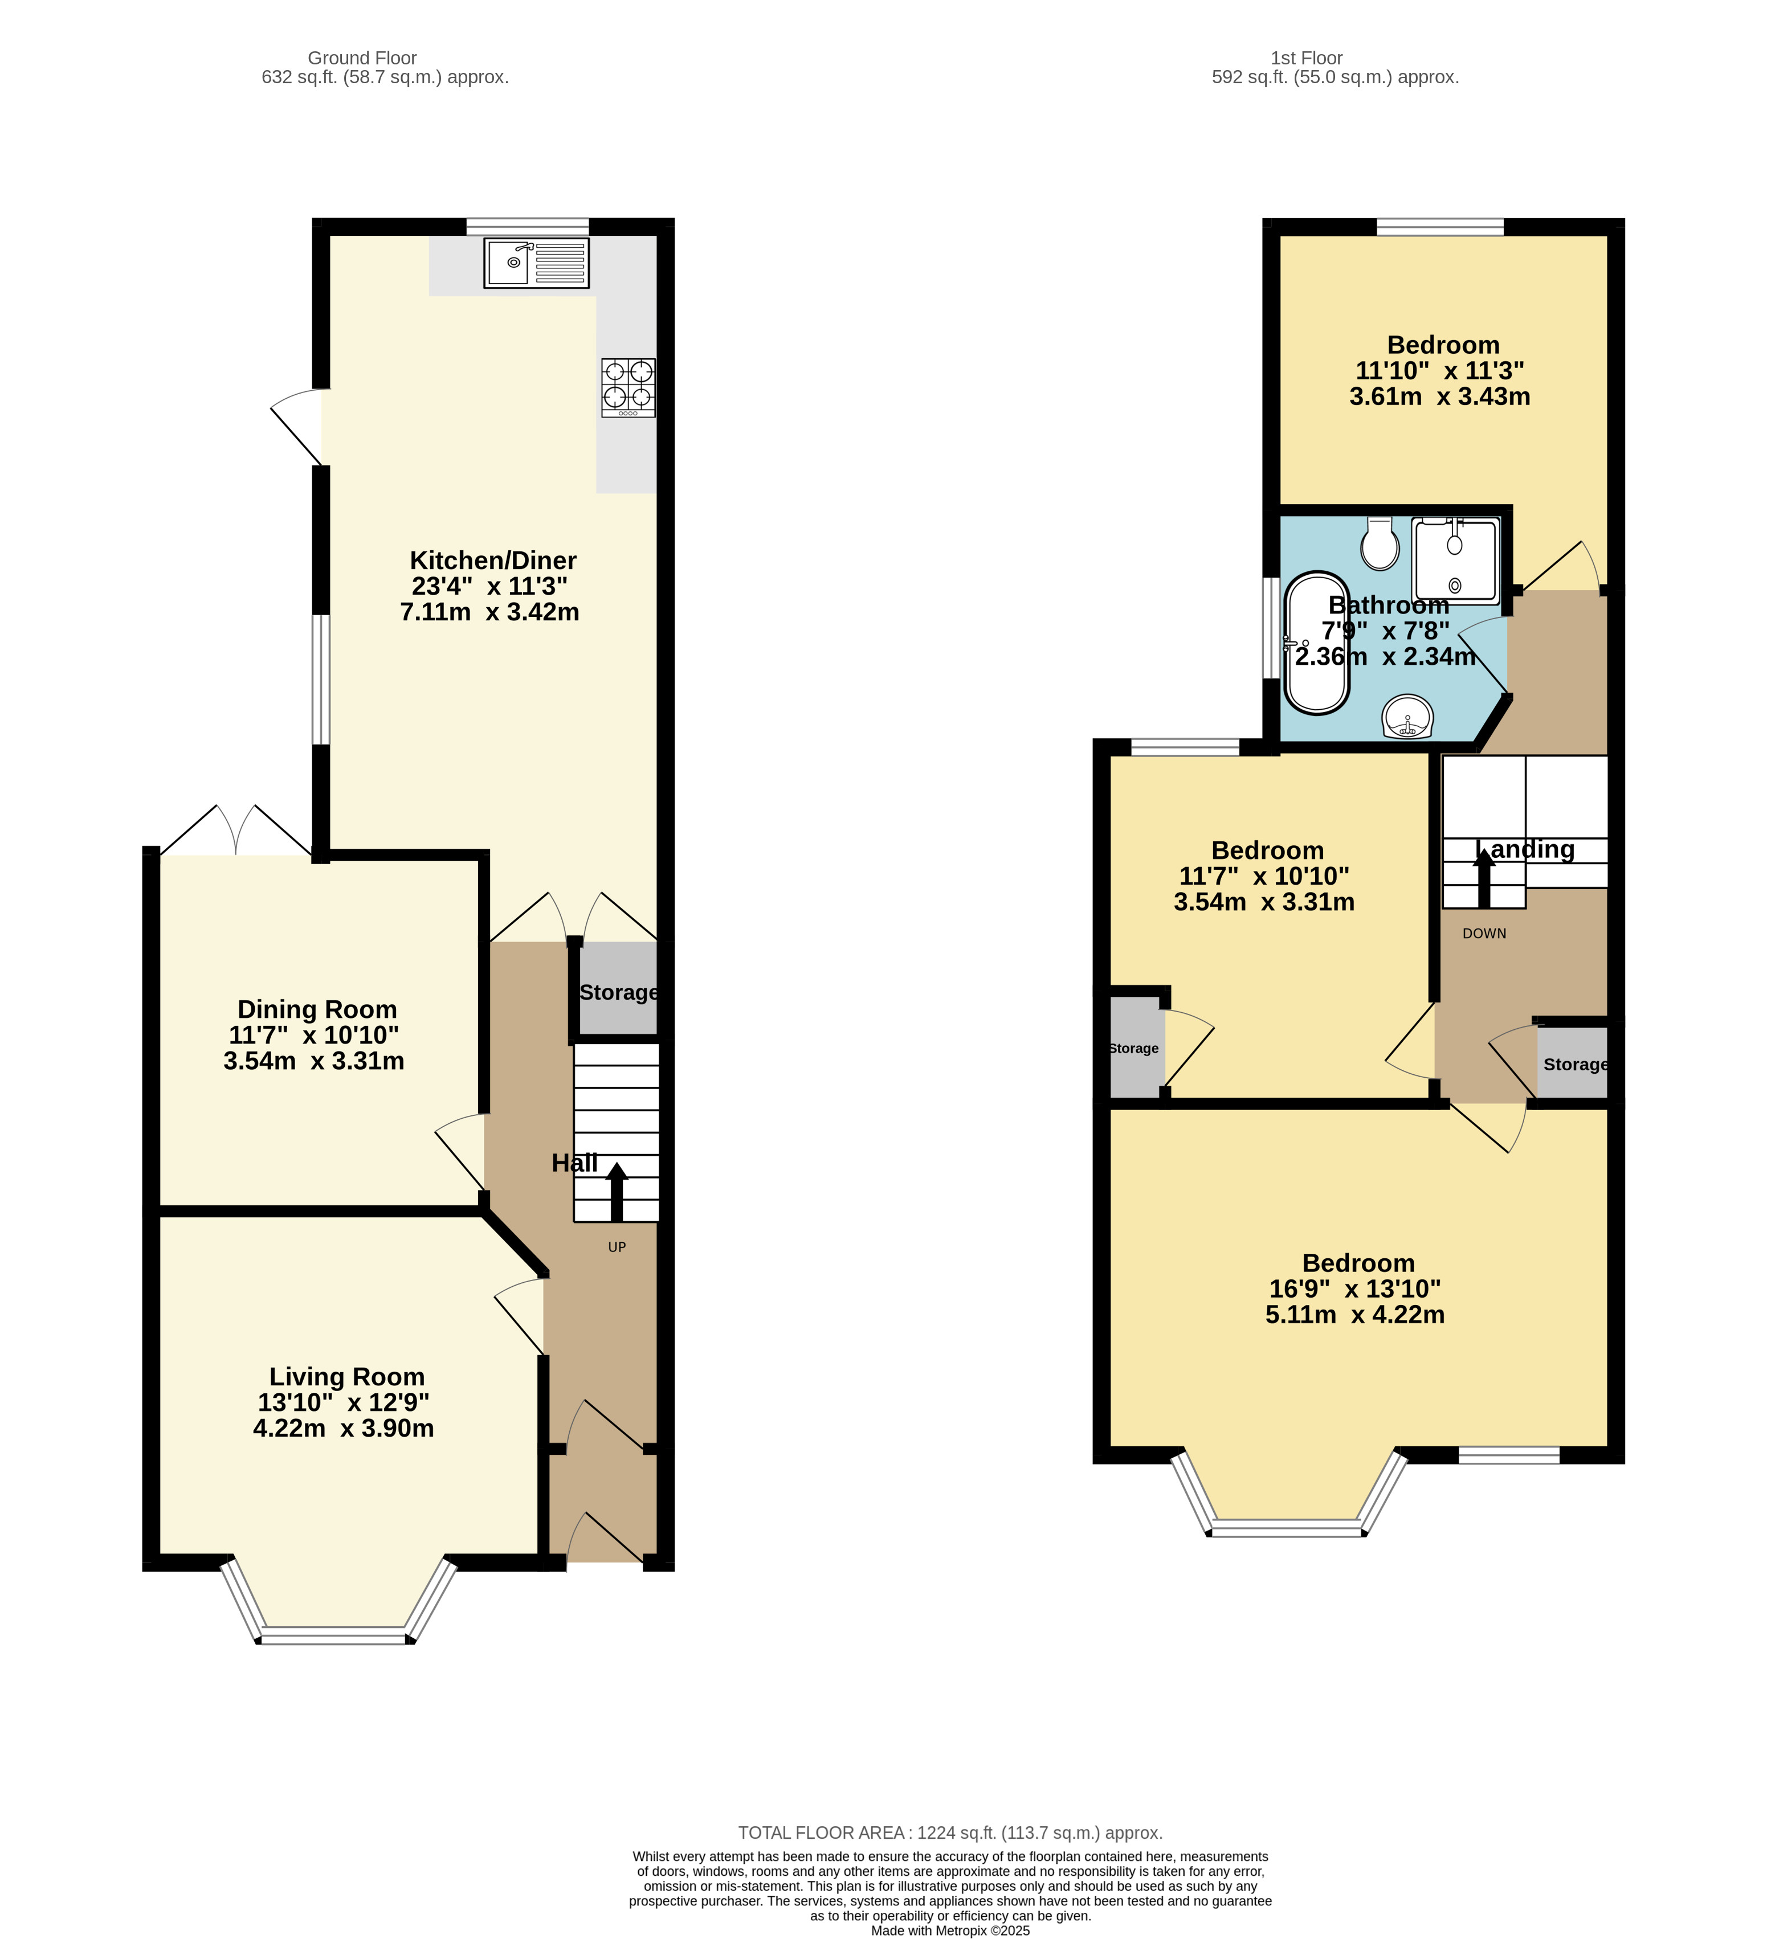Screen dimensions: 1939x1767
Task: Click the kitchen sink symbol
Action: [x=536, y=263]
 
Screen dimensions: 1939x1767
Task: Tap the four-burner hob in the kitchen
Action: [x=628, y=387]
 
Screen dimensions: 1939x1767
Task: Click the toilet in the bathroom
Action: [x=1380, y=545]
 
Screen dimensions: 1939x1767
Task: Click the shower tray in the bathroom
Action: [x=1455, y=561]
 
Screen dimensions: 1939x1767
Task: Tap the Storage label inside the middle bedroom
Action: [x=1133, y=1048]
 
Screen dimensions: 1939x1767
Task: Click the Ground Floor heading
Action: [x=362, y=58]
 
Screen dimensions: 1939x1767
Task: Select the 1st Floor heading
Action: [x=1305, y=58]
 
